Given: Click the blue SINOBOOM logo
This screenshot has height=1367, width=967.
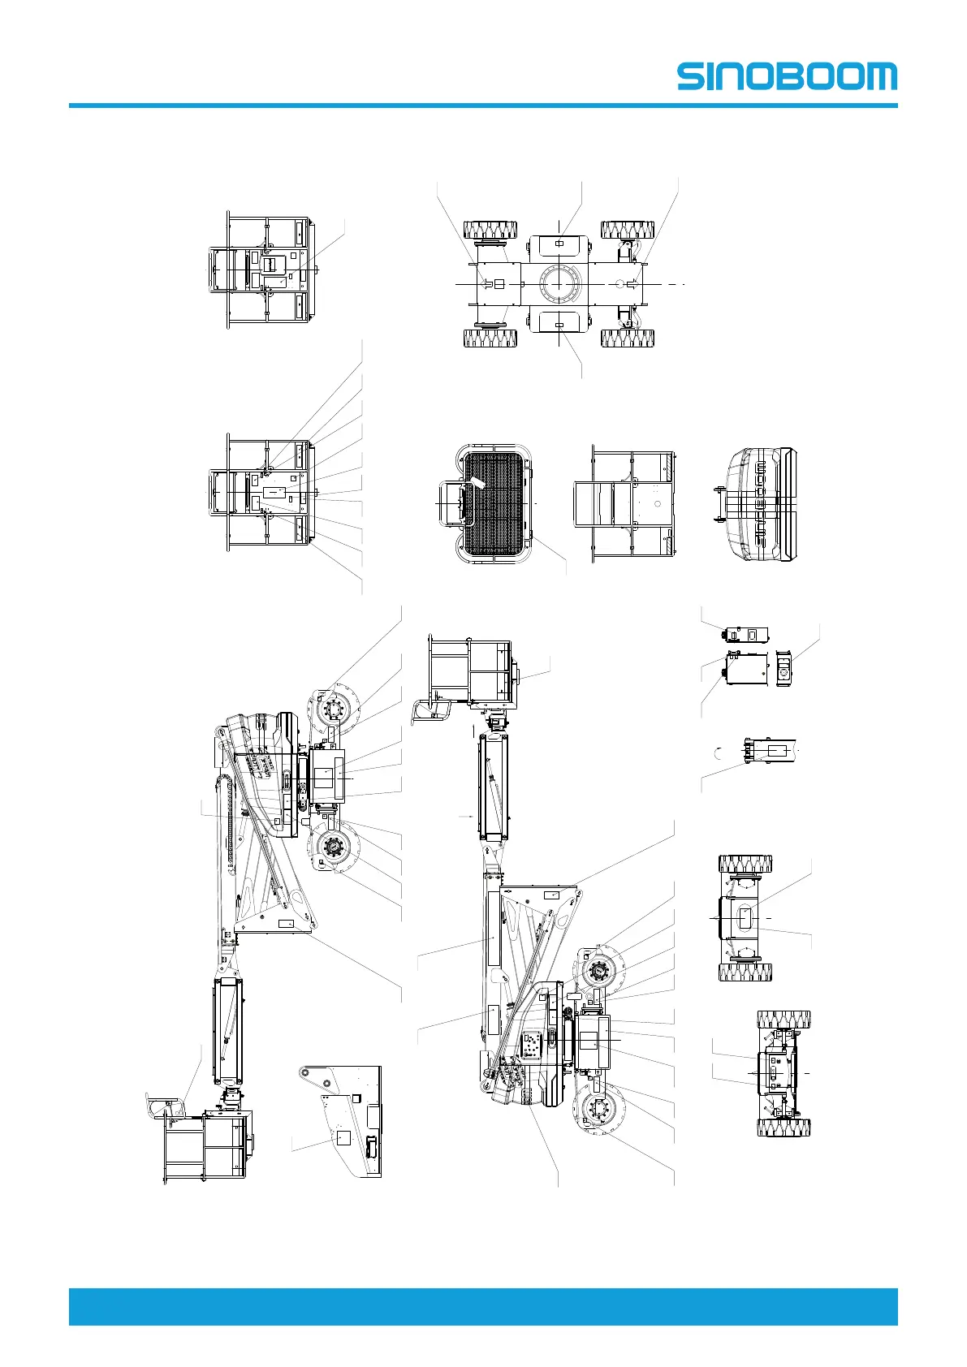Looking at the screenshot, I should tap(787, 76).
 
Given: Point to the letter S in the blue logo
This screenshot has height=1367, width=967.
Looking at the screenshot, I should tap(693, 76).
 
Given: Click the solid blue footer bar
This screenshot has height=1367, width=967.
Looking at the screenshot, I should tap(483, 1306).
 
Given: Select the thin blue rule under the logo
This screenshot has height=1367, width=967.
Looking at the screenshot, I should tap(483, 106).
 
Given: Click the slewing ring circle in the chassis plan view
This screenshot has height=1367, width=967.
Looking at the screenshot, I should tap(559, 284).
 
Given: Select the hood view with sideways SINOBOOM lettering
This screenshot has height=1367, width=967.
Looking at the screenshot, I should tap(761, 503).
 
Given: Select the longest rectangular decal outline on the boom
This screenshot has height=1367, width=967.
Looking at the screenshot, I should tap(492, 928).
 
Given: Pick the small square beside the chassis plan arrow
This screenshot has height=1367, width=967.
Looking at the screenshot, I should tap(499, 284).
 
